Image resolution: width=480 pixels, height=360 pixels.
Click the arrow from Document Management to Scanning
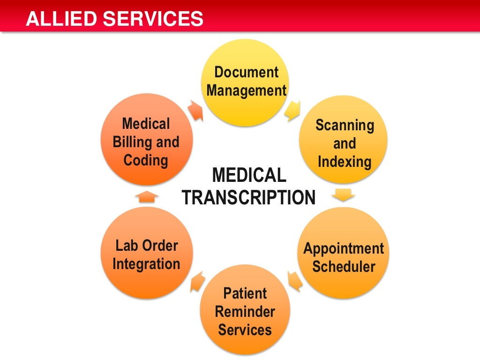click(292, 110)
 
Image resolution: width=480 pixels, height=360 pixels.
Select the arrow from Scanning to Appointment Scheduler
click(345, 194)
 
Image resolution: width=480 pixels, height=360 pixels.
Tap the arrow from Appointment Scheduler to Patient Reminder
click(294, 280)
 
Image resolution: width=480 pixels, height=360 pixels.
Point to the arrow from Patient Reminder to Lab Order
click(197, 280)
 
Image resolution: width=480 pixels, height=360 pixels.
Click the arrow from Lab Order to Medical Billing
click(146, 196)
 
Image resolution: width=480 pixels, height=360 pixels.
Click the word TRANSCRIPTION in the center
click(248, 197)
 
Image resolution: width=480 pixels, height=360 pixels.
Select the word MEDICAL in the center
click(249, 176)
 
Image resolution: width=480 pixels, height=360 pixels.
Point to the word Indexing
click(345, 162)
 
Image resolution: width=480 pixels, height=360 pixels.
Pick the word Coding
click(146, 160)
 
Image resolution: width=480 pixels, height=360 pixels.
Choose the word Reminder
click(245, 312)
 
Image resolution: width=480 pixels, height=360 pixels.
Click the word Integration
click(146, 264)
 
